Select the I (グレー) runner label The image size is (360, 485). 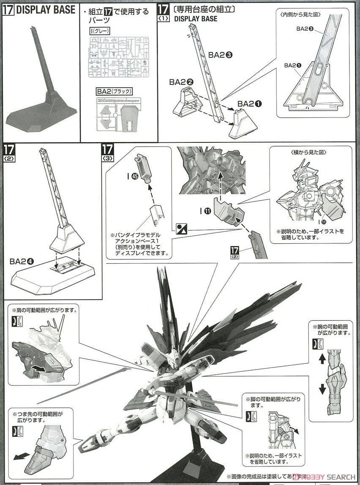point(100,31)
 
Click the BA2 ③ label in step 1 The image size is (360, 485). point(221,55)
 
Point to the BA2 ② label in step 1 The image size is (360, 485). point(181,82)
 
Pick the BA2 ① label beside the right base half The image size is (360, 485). point(251,104)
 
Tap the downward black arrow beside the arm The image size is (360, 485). point(322,389)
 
